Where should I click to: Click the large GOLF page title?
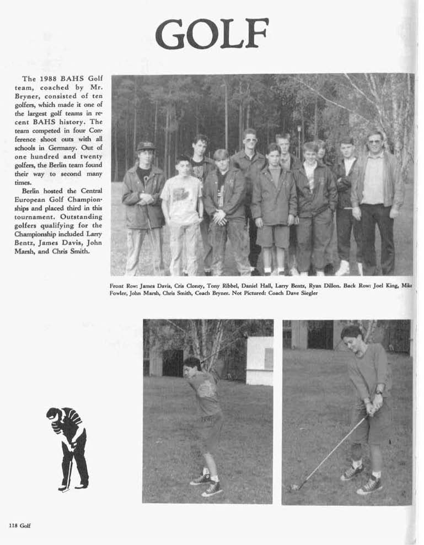tap(212, 34)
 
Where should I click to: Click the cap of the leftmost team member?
tap(146, 145)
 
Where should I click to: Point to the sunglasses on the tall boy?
tap(250, 140)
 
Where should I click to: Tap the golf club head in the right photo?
tap(294, 487)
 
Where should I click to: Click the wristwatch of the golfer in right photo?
tap(379, 393)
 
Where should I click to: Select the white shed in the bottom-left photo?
tap(259, 360)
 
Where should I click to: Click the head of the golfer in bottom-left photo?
tap(193, 365)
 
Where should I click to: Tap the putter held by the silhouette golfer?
tap(69, 474)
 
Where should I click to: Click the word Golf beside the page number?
tap(25, 525)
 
